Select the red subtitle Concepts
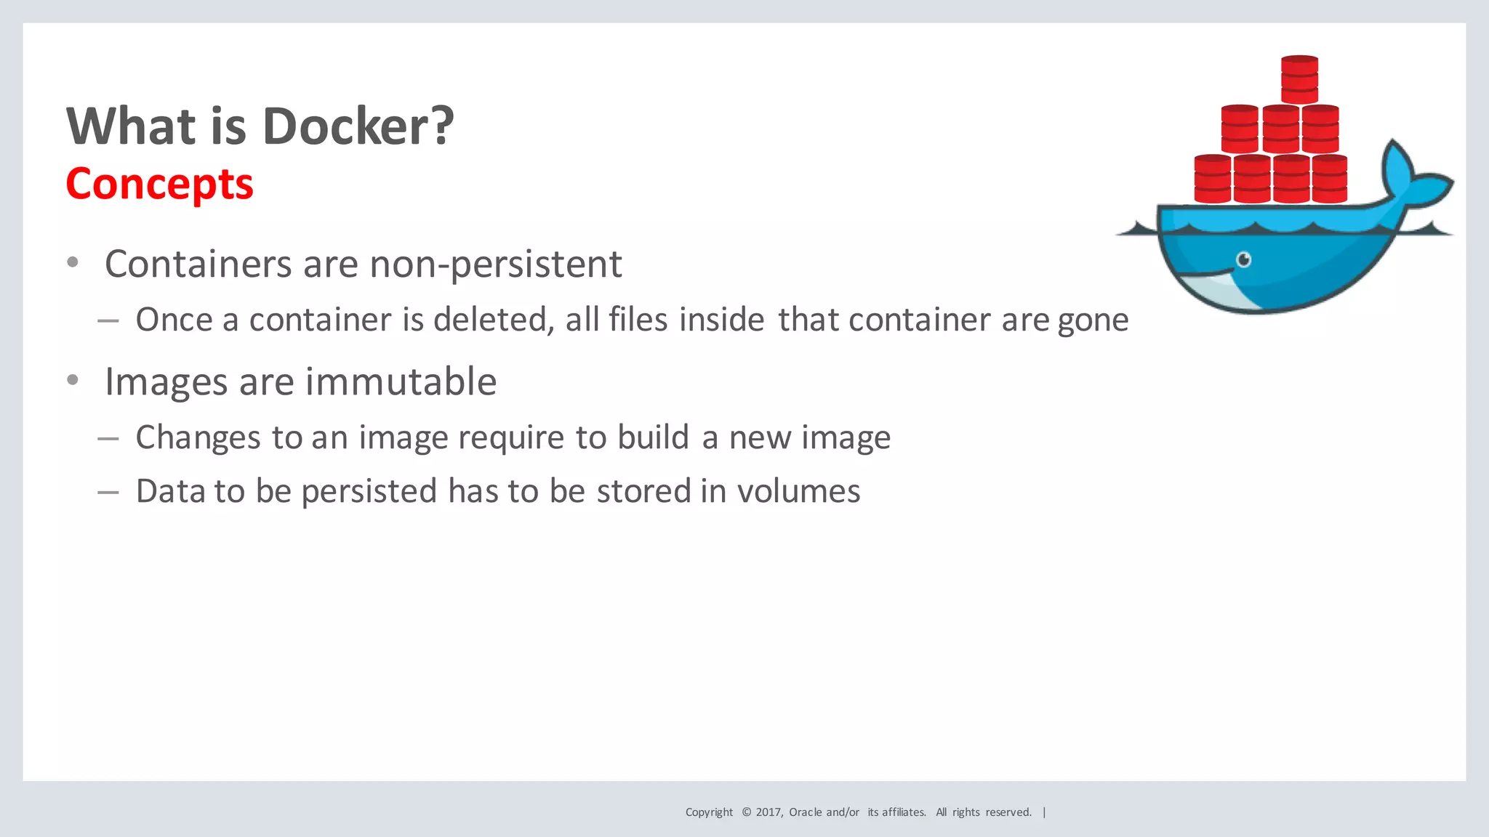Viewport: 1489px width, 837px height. click(x=159, y=184)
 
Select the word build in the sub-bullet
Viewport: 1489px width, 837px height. click(x=653, y=437)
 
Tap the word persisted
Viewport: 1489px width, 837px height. click(x=369, y=492)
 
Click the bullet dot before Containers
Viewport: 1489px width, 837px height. click(x=72, y=263)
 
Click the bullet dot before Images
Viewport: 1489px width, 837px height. click(x=72, y=380)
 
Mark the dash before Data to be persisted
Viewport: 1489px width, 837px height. click(x=108, y=492)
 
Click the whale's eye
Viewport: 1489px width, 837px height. click(x=1244, y=259)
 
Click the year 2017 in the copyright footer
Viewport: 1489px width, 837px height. click(x=768, y=812)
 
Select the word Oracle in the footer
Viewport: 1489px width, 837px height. click(x=806, y=812)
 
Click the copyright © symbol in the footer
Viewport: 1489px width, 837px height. click(x=746, y=812)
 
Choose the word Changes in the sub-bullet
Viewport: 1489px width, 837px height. click(x=198, y=437)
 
